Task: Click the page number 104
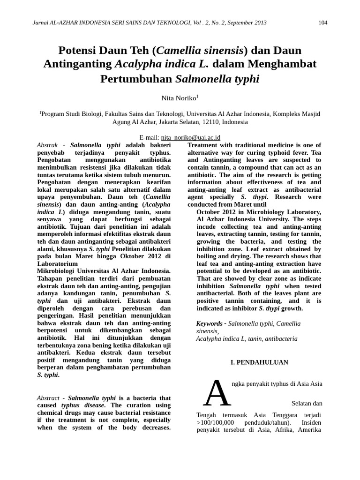click(x=322, y=23)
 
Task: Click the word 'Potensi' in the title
click(x=76, y=50)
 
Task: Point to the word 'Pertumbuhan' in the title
click(x=136, y=78)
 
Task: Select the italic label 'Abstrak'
click(x=47, y=145)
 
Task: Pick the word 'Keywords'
click(x=209, y=323)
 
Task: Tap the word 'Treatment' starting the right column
click(x=203, y=145)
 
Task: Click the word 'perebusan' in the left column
click(x=135, y=308)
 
